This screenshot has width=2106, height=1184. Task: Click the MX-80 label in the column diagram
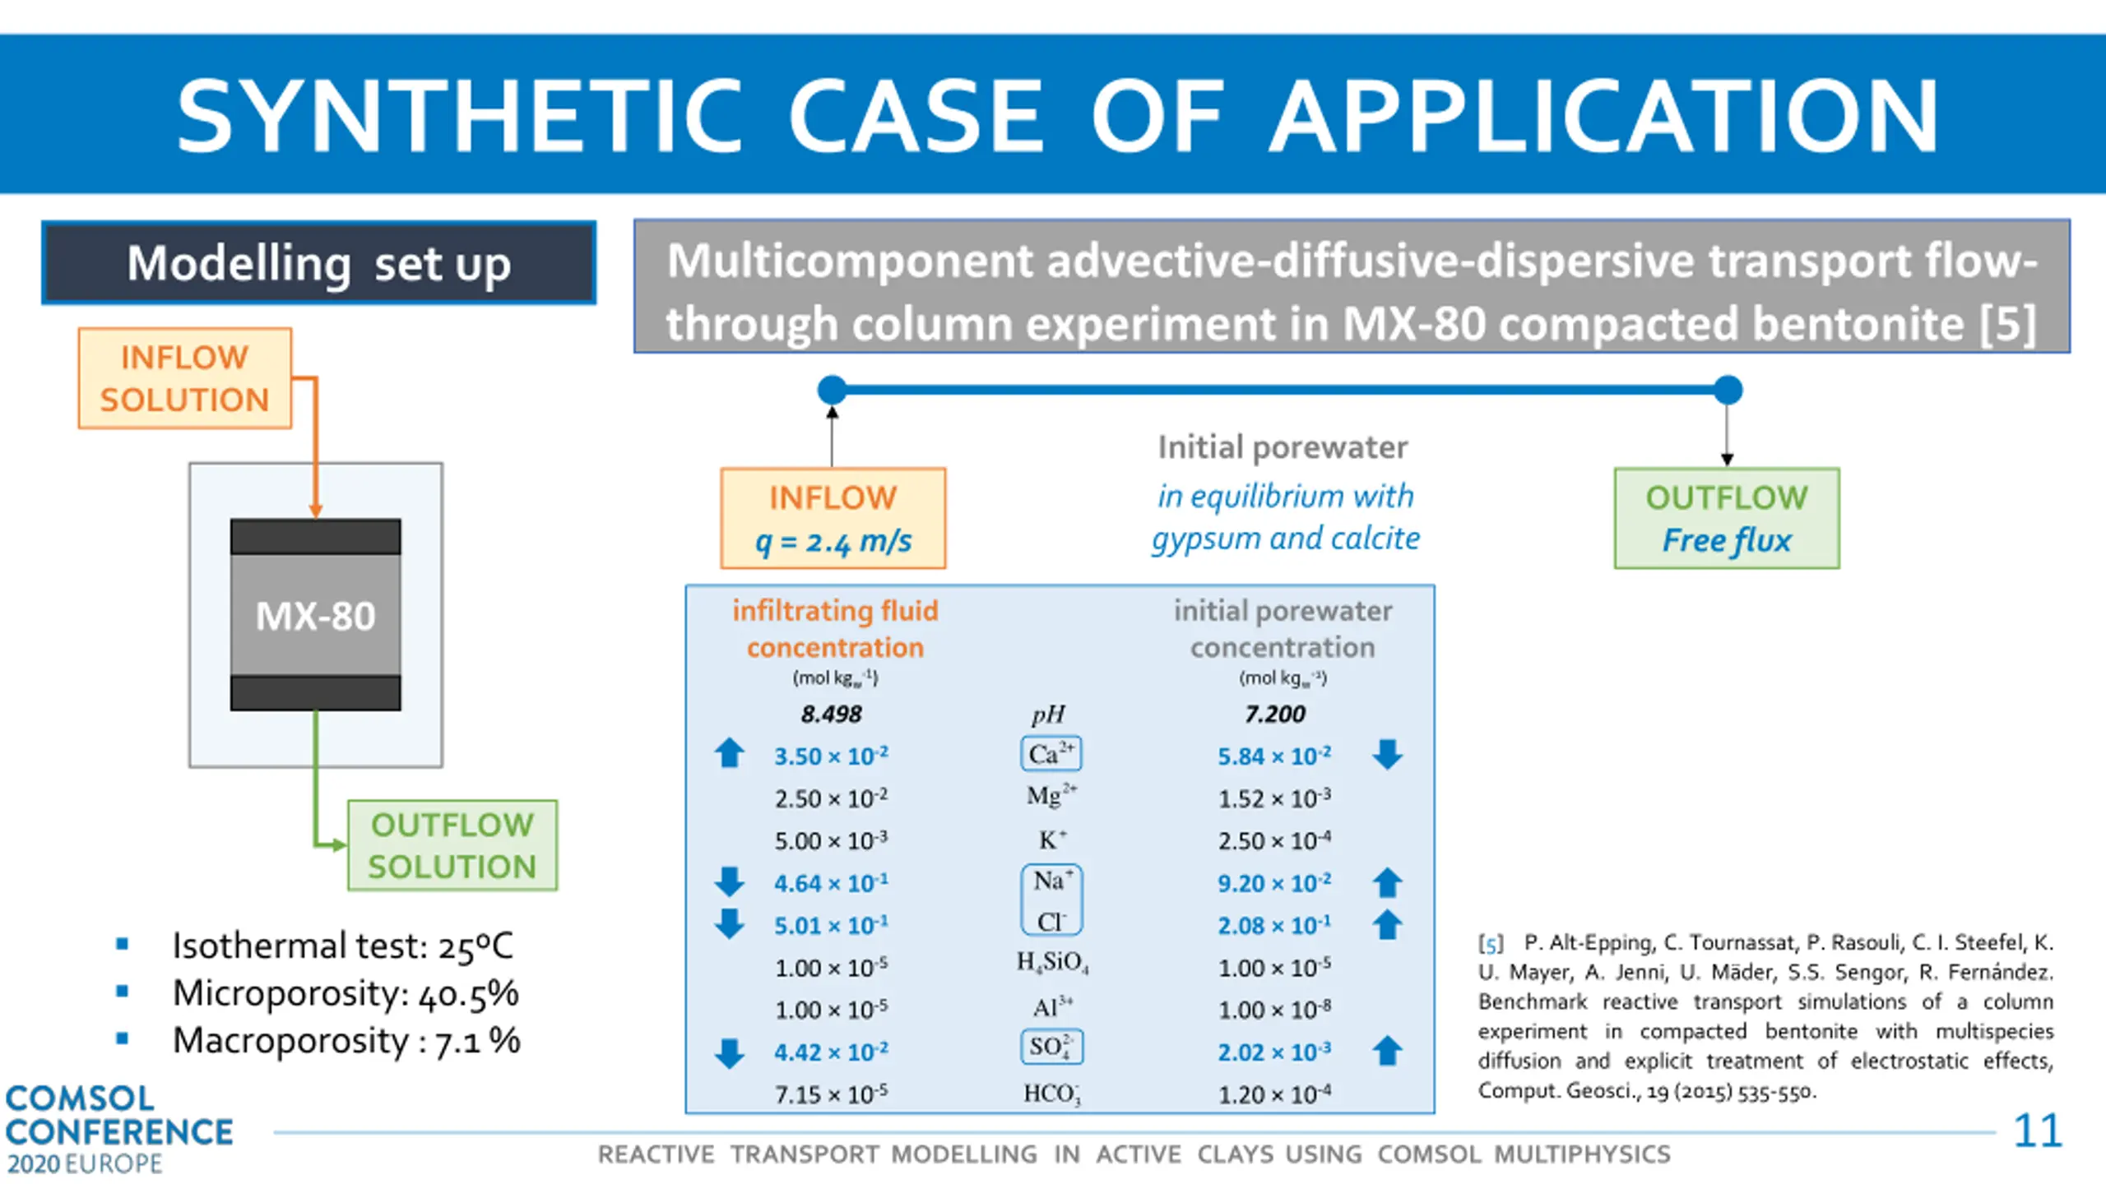click(x=315, y=616)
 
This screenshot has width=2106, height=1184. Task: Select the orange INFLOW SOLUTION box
click(x=185, y=378)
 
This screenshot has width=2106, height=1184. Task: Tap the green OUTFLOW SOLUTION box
click(x=452, y=845)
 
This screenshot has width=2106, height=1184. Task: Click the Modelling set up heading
click(x=319, y=263)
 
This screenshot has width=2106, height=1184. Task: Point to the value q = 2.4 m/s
click(x=833, y=541)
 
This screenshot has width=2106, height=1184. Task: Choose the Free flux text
click(x=1726, y=540)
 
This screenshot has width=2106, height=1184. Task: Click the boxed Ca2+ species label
click(x=1051, y=754)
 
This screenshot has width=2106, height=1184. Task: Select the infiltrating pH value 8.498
click(x=831, y=714)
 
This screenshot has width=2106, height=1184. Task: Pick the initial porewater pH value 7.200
click(x=1274, y=714)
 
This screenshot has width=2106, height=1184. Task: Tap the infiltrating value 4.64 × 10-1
click(x=831, y=883)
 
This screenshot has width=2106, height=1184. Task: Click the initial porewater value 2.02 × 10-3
click(x=1274, y=1052)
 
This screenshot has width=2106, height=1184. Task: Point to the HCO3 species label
click(x=1051, y=1094)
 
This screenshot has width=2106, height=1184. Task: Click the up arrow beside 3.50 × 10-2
click(x=729, y=753)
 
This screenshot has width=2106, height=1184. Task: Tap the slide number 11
click(x=2037, y=1131)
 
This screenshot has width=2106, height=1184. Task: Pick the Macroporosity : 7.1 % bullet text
click(x=346, y=1041)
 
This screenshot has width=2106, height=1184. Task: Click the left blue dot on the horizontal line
click(x=833, y=390)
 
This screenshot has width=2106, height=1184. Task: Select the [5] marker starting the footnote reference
click(x=1491, y=943)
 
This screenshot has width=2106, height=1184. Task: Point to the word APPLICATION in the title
click(x=1604, y=115)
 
